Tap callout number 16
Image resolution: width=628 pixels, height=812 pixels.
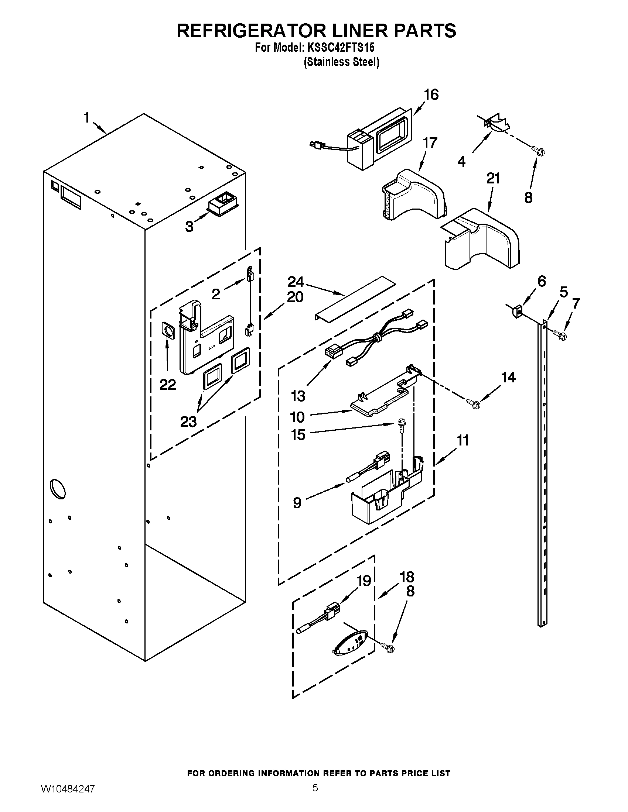431,95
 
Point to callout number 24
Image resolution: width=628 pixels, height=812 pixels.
296,282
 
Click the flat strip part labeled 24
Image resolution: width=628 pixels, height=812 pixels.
353,298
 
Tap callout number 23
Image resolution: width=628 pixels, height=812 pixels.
188,422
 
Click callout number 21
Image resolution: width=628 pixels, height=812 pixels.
493,179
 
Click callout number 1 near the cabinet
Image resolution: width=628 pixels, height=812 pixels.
86,118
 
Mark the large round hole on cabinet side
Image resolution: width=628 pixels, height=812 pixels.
58,488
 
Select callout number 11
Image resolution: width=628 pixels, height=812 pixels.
463,441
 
